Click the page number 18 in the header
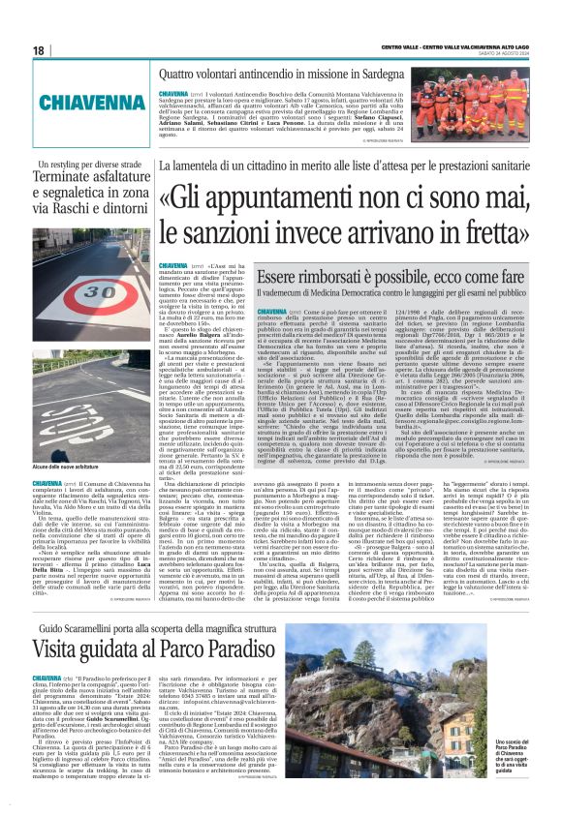click(38, 49)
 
